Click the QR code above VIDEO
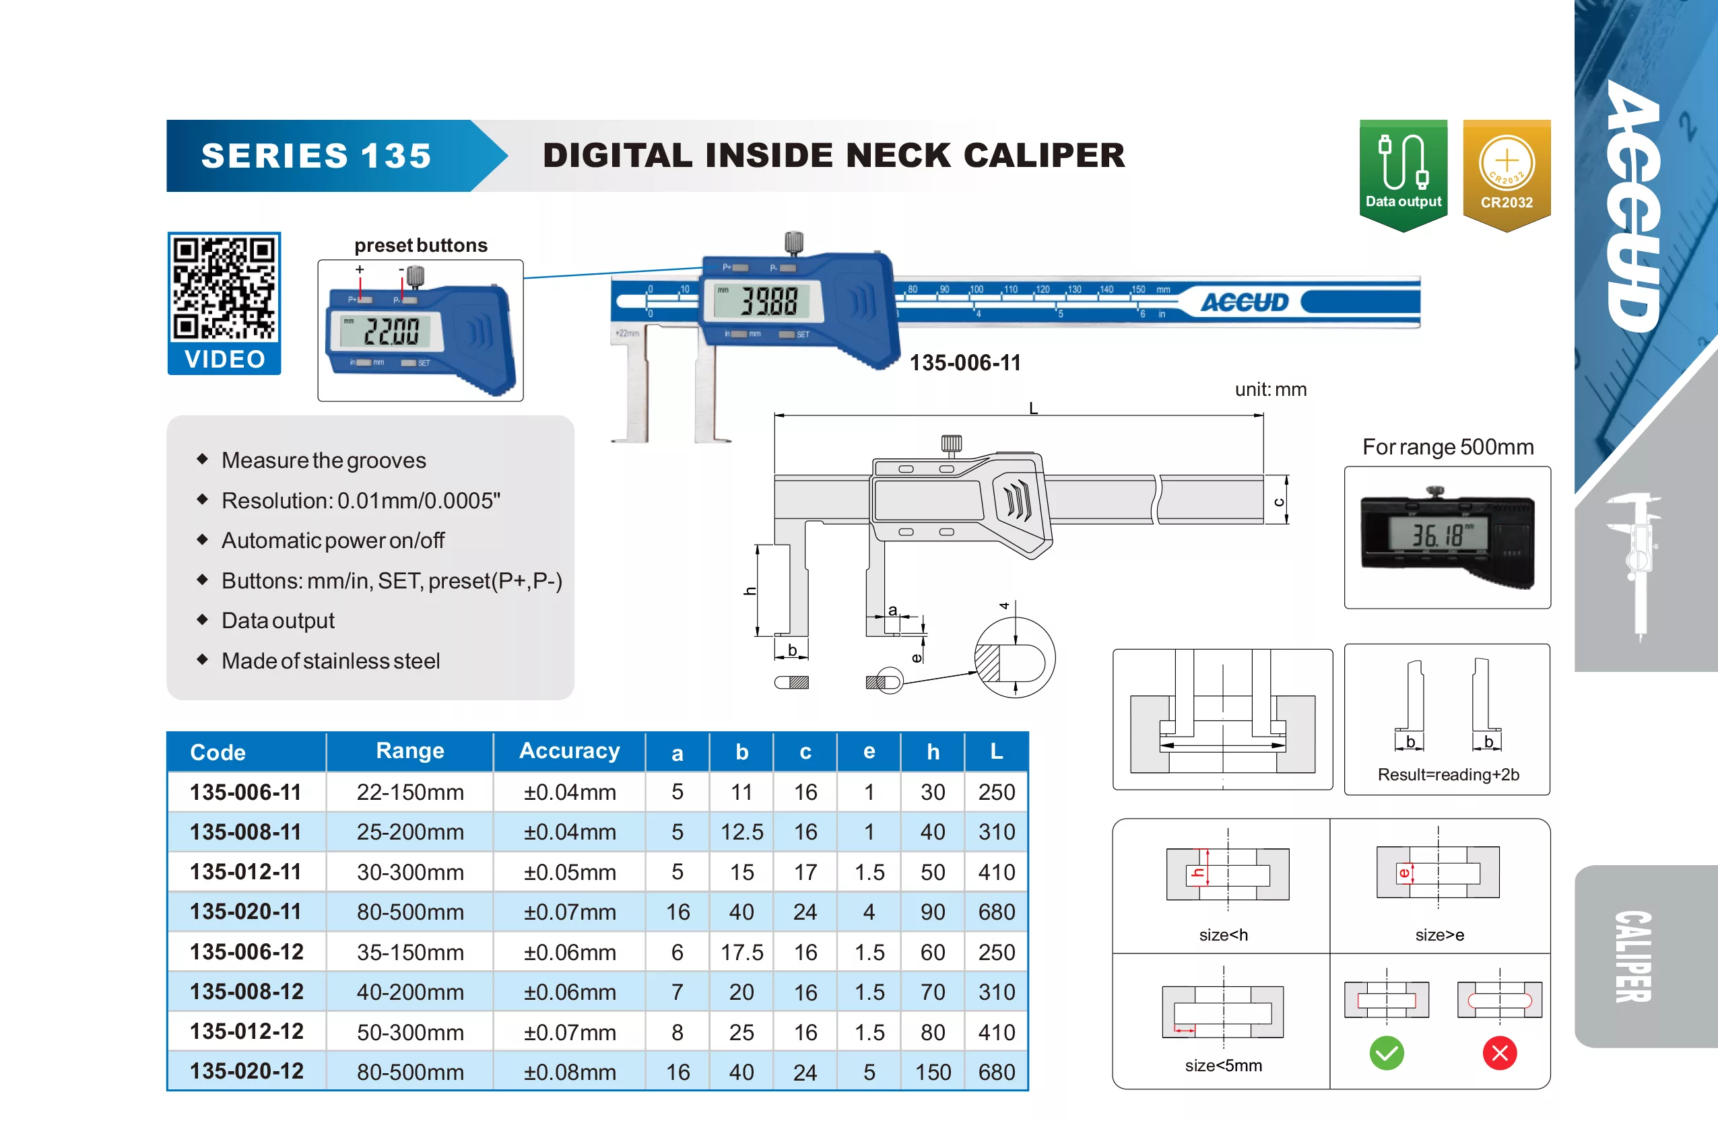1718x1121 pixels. coord(224,288)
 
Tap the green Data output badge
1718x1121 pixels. coord(1403,176)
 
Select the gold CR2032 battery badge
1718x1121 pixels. coord(1507,176)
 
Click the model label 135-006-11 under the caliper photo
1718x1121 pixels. coord(964,362)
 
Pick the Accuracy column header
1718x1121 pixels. coord(569,751)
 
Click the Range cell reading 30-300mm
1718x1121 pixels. coord(410,872)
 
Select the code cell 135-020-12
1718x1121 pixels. coord(246,1071)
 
